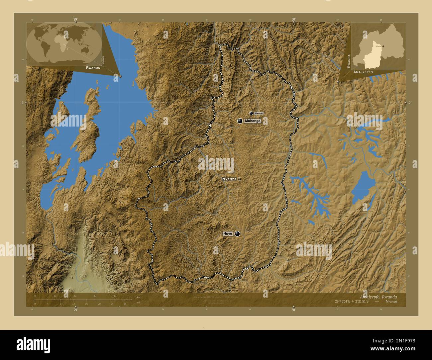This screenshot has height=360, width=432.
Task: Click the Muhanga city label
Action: pyautogui.click(x=253, y=121)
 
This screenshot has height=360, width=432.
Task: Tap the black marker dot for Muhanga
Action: pyautogui.click(x=240, y=121)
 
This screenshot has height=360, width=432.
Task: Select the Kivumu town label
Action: pyautogui.click(x=259, y=113)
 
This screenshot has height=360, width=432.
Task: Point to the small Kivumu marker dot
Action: pyautogui.click(x=251, y=113)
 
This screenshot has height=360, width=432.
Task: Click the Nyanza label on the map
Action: pyautogui.click(x=229, y=179)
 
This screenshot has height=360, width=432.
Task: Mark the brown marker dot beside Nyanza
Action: pyautogui.click(x=239, y=179)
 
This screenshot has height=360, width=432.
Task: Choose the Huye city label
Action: pyautogui.click(x=228, y=234)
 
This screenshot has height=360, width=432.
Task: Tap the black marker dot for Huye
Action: pyautogui.click(x=237, y=234)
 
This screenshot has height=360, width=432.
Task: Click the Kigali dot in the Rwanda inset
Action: pyautogui.click(x=383, y=46)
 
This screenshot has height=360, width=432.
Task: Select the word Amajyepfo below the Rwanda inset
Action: pyautogui.click(x=363, y=72)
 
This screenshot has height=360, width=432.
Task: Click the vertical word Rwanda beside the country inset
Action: pyautogui.click(x=349, y=61)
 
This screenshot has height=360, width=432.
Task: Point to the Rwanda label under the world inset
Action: pyautogui.click(x=93, y=67)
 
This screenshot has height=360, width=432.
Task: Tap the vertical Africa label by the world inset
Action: pyautogui.click(x=104, y=60)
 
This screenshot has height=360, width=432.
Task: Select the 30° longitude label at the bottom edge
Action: pyautogui.click(x=293, y=310)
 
